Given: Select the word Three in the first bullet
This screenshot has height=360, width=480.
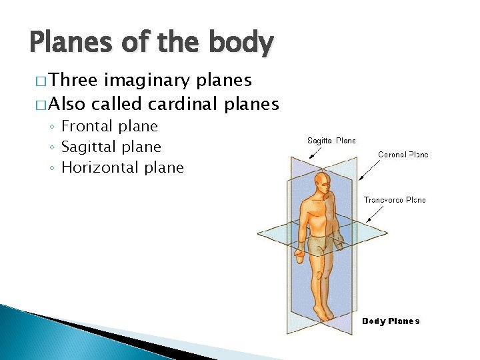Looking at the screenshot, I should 74,81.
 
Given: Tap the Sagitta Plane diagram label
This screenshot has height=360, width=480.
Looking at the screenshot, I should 331,141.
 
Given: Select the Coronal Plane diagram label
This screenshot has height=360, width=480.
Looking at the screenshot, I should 403,155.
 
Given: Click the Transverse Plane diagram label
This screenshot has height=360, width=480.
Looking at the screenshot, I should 395,200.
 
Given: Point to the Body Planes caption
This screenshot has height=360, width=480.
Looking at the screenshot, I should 391,321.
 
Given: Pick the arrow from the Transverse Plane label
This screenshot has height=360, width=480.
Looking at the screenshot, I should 376,213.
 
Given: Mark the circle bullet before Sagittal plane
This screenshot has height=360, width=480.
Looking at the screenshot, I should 52,147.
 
